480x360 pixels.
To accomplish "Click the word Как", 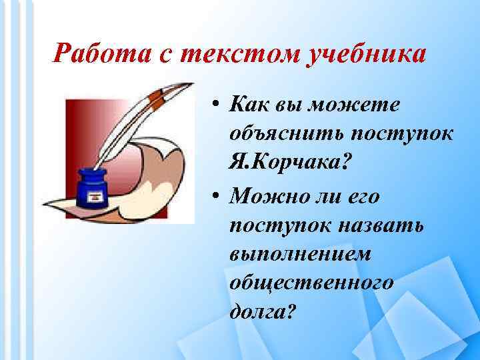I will coord(249,104).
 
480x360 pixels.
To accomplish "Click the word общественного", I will coord(311,282).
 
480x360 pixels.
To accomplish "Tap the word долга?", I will coord(261,311).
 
